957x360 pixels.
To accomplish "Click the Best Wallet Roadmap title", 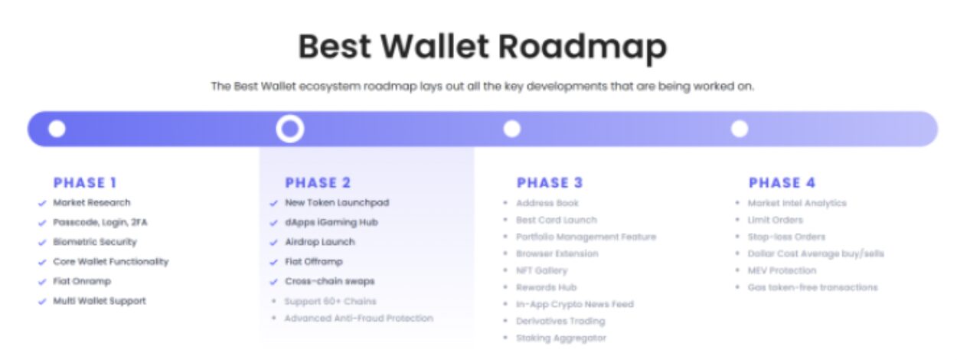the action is pos(482,47).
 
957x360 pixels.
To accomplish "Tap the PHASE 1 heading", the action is pos(84,183).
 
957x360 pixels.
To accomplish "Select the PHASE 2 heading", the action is pos(318,183).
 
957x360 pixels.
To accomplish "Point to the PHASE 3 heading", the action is pos(550,183).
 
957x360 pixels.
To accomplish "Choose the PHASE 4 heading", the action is pos(782,183).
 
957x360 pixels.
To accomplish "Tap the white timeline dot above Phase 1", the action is pos(57,129).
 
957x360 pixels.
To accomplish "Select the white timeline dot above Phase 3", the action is pos(512,129).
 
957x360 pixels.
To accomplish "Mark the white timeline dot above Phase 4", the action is pos(740,129).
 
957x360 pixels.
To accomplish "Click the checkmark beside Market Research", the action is pos(42,204).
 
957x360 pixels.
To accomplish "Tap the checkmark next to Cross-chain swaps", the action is pos(274,282).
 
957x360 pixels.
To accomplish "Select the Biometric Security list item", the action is pos(95,242).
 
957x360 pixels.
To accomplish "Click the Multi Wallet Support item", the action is pos(100,301).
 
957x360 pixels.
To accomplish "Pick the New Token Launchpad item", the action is pos(337,203).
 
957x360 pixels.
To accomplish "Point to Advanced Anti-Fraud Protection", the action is pos(359,319).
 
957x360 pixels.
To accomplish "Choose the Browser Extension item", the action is pos(557,254).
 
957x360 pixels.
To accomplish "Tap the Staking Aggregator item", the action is pos(561,339).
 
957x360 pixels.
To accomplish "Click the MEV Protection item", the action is pos(782,270).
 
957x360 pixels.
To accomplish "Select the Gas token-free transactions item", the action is pos(812,288).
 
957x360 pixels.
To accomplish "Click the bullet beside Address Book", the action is pos(505,203).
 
